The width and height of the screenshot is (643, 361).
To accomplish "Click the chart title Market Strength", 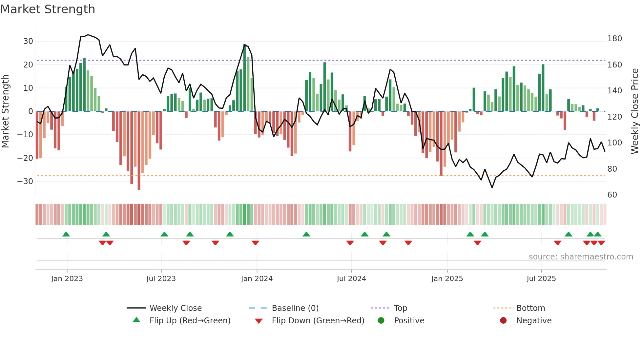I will [x=48, y=9].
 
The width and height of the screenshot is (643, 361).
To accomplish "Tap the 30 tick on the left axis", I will [x=28, y=41].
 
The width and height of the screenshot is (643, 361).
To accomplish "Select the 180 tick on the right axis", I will [x=614, y=39].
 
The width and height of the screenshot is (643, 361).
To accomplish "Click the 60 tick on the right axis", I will [x=612, y=195].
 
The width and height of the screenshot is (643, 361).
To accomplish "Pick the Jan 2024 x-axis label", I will [x=257, y=279].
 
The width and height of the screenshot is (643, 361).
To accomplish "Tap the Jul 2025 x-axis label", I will [x=541, y=279].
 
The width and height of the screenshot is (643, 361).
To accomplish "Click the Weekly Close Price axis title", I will [x=635, y=111].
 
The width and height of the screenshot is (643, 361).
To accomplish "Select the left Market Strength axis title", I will [x=5, y=111].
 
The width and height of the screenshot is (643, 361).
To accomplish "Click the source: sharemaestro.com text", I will [x=581, y=257].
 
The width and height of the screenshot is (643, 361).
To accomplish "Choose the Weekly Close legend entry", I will [x=176, y=308].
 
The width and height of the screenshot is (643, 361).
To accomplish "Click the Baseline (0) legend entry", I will [x=295, y=308].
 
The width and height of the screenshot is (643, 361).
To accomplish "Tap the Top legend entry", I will [x=400, y=308].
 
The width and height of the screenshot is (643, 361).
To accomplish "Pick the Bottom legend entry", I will [x=530, y=308].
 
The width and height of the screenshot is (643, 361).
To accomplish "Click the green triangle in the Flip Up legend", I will [x=136, y=320].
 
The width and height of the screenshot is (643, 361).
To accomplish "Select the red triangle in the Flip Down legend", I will [x=259, y=321].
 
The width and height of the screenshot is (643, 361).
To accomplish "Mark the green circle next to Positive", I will [x=381, y=321].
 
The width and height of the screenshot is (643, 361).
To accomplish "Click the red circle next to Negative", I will [x=503, y=321].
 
